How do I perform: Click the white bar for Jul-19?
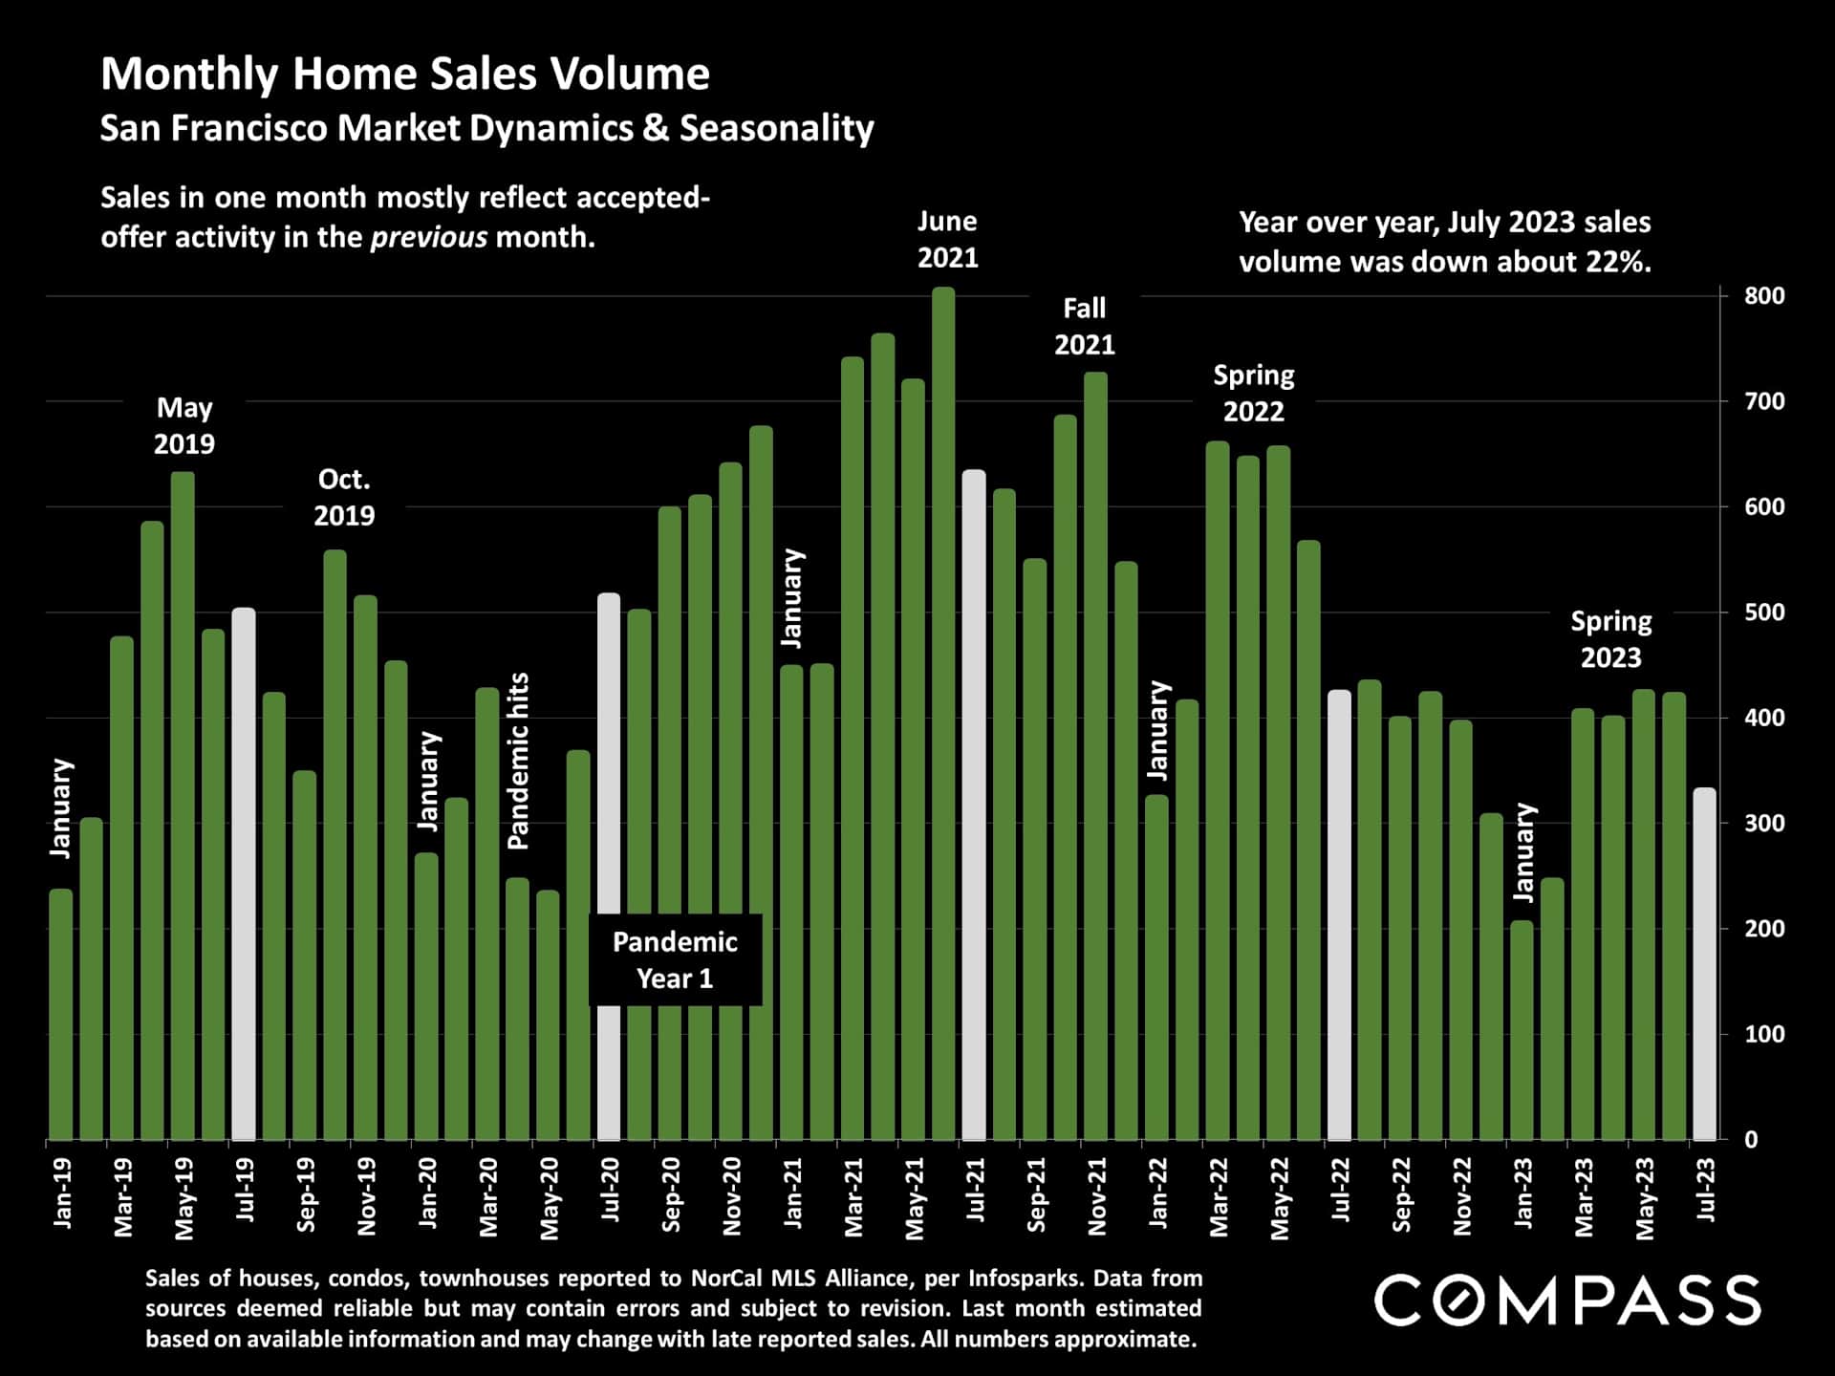(x=244, y=873)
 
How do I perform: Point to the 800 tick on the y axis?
(x=1763, y=296)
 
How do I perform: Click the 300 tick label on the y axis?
(x=1763, y=824)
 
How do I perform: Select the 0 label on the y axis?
(x=1750, y=1140)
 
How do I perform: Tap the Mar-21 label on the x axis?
(x=853, y=1197)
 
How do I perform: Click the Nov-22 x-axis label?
(x=1462, y=1197)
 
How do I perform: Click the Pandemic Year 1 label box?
(x=675, y=960)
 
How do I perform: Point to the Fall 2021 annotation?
(x=1084, y=327)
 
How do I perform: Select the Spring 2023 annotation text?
(x=1610, y=639)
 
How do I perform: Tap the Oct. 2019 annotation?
(x=344, y=497)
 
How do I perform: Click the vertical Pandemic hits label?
(x=518, y=762)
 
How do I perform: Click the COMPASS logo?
(x=1566, y=1301)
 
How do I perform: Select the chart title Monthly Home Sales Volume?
(x=405, y=75)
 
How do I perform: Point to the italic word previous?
(x=428, y=237)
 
